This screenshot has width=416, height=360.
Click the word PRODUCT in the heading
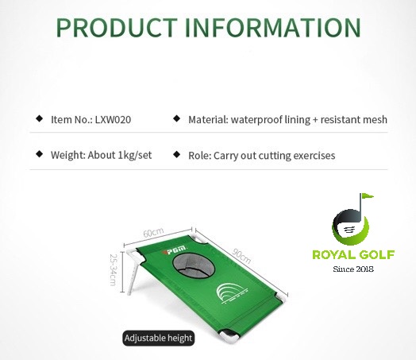pyautogui.click(x=117, y=27)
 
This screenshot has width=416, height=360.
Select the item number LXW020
pyautogui.click(x=113, y=120)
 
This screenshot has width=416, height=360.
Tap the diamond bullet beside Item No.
pyautogui.click(x=40, y=118)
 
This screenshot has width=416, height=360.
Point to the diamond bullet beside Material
pyautogui.click(x=177, y=118)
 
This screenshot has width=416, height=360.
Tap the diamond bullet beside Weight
pyautogui.click(x=40, y=154)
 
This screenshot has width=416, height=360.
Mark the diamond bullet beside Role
pyautogui.click(x=177, y=154)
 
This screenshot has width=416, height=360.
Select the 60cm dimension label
pyautogui.click(x=153, y=233)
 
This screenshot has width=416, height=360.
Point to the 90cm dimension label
pyautogui.click(x=241, y=256)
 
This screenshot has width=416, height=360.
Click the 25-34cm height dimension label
pyautogui.click(x=113, y=269)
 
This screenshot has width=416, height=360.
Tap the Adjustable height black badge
pyautogui.click(x=159, y=339)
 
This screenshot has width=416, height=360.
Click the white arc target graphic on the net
pyautogui.click(x=233, y=293)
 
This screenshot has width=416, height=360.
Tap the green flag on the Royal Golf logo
pyautogui.click(x=368, y=196)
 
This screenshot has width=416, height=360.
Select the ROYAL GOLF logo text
pyautogui.click(x=353, y=254)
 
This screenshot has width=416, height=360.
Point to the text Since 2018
pyautogui.click(x=353, y=269)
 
